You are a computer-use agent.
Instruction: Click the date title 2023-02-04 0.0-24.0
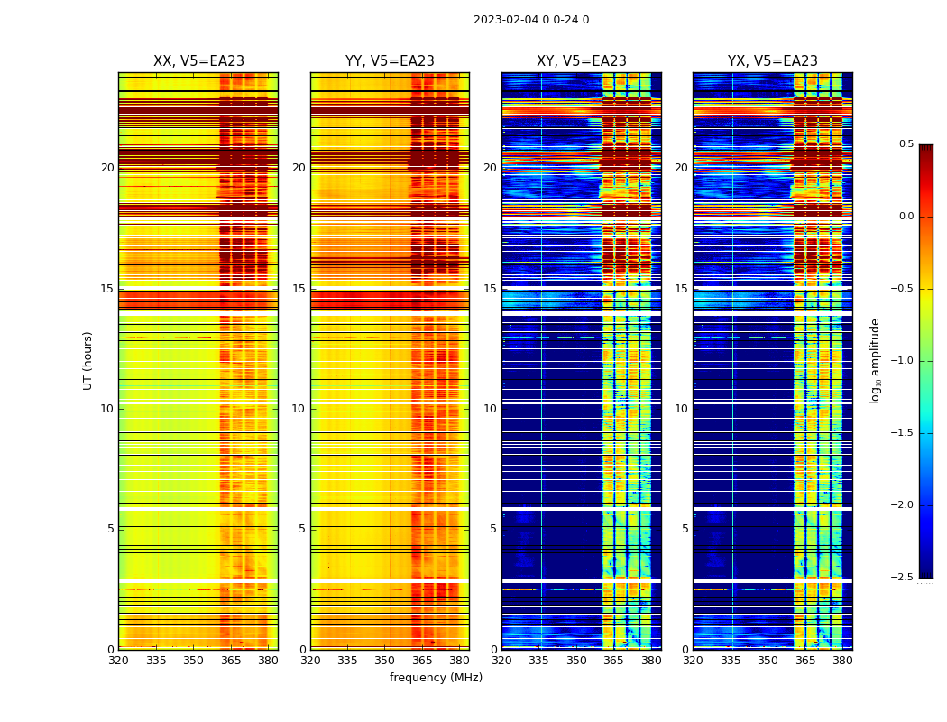(531, 20)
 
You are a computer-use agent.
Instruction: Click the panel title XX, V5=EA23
(198, 61)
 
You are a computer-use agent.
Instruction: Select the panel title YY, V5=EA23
(390, 61)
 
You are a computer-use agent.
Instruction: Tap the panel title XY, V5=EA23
(582, 61)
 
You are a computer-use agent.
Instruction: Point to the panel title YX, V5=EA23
(773, 61)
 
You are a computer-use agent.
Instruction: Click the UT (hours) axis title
(88, 360)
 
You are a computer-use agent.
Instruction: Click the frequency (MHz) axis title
(436, 678)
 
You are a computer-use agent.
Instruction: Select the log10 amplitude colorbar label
(875, 360)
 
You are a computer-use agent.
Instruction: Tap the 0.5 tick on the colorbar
(906, 144)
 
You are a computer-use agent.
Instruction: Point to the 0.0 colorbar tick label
(906, 217)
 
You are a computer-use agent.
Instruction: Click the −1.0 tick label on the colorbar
(905, 361)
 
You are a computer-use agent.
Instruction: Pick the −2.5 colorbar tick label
(905, 578)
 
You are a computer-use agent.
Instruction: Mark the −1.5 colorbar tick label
(905, 433)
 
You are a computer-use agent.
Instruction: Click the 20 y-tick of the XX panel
(107, 168)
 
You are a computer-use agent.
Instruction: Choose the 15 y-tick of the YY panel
(299, 289)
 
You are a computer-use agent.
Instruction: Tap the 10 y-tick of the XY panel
(490, 409)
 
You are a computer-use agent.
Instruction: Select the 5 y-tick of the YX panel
(685, 529)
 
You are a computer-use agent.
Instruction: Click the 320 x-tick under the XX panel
(118, 661)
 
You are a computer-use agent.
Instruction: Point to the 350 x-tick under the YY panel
(385, 661)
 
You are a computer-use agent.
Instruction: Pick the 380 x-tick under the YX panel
(842, 661)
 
